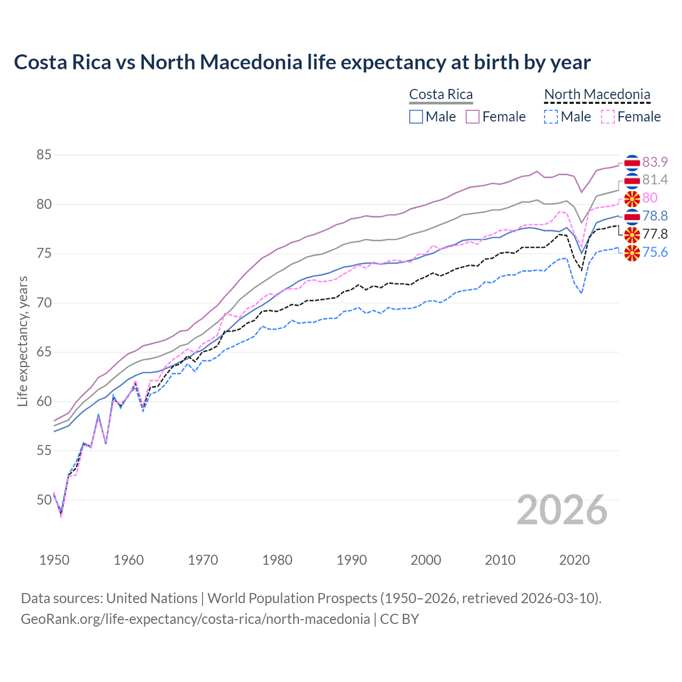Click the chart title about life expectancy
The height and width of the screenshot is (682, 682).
click(302, 62)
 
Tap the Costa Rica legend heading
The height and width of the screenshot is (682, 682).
click(441, 94)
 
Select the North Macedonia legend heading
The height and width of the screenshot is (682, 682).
click(597, 94)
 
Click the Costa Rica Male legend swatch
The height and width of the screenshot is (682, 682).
click(416, 117)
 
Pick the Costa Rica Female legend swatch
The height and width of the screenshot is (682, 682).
click(473, 117)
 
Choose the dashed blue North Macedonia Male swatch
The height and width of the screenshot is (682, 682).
click(551, 117)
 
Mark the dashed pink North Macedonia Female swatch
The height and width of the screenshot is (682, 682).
click(608, 117)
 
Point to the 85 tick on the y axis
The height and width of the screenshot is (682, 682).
click(44, 155)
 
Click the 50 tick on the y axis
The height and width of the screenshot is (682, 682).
click(44, 500)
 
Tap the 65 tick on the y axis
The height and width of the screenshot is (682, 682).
click(44, 352)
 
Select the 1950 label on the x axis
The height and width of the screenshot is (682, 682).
click(54, 560)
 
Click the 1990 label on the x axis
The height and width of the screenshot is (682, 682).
click(352, 560)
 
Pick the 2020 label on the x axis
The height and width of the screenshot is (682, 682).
click(574, 560)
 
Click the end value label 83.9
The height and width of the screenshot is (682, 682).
click(655, 162)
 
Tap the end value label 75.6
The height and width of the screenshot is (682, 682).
click(655, 252)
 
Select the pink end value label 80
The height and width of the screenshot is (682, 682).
click(649, 198)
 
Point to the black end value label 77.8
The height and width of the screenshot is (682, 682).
click(655, 234)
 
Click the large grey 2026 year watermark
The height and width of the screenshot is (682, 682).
click(562, 510)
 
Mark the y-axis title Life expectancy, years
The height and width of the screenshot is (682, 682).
click(22, 341)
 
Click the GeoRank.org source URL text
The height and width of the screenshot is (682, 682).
click(195, 619)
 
